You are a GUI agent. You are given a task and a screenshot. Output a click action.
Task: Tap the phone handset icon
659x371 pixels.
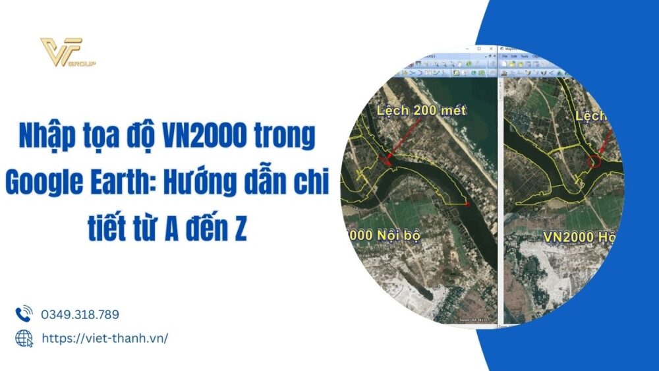pyautogui.click(x=24, y=314)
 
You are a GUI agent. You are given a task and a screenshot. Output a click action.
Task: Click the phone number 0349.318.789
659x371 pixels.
pyautogui.click(x=80, y=315)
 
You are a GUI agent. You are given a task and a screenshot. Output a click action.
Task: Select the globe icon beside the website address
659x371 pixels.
pyautogui.click(x=24, y=338)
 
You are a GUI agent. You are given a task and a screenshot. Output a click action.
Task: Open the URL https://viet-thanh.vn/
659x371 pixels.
pyautogui.click(x=105, y=338)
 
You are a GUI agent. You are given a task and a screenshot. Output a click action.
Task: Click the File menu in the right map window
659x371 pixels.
pyautogui.click(x=506, y=57)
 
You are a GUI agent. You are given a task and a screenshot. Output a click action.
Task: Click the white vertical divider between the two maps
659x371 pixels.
pyautogui.click(x=499, y=198)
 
